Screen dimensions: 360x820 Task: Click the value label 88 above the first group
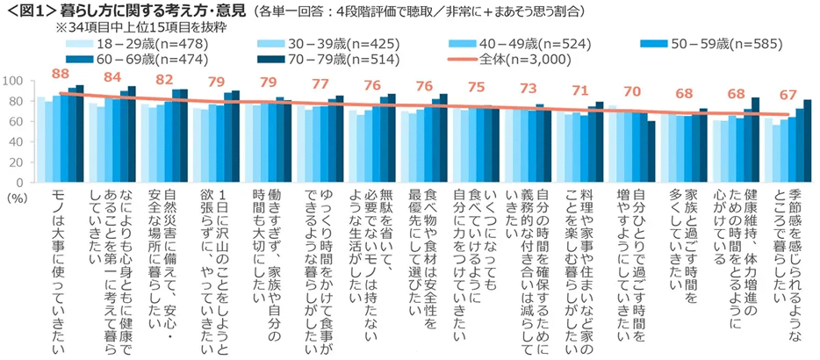[60, 74]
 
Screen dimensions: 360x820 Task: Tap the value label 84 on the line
[111, 77]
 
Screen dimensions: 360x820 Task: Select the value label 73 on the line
[529, 89]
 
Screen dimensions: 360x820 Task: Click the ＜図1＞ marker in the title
[30, 12]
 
